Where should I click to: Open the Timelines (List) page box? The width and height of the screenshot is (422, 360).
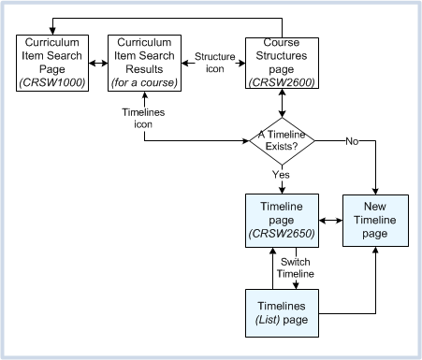coord(282,314)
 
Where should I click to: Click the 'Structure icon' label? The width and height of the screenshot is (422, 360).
coord(215,63)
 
